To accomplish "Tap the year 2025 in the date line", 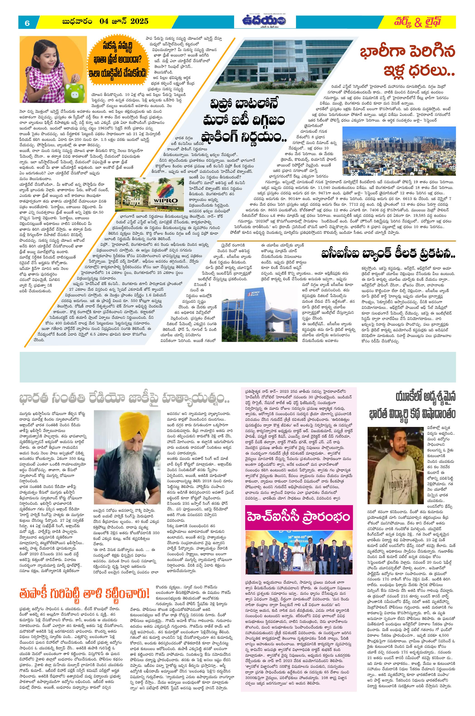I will [x=140, y=21].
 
